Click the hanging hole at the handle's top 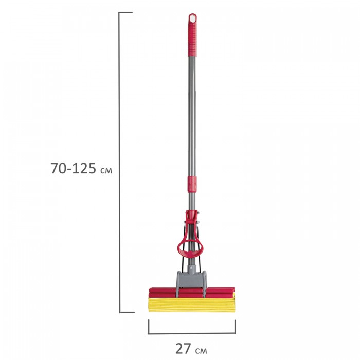click(x=193, y=19)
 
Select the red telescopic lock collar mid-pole click(x=192, y=184)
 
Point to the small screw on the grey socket click(x=191, y=268)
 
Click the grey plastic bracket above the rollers click(x=191, y=283)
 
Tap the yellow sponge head click(x=192, y=304)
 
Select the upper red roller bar click(x=192, y=290)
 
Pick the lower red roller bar click(x=192, y=295)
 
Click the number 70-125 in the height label click(x=73, y=168)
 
